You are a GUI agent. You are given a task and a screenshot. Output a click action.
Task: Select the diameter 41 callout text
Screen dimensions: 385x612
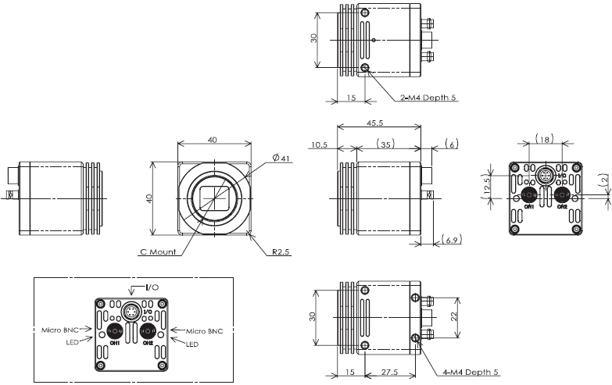[281, 159]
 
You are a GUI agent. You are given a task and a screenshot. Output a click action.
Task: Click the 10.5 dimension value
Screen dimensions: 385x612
[319, 144]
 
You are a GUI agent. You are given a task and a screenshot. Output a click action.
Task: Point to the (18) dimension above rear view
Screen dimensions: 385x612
[545, 138]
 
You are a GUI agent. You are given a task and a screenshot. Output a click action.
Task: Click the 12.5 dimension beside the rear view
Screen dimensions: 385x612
[485, 187]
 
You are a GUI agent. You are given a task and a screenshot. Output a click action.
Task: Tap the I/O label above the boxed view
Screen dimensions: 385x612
[152, 287]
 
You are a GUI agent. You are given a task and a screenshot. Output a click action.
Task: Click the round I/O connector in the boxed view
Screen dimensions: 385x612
[131, 313]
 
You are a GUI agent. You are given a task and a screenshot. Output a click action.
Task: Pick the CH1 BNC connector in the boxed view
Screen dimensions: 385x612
[114, 331]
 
